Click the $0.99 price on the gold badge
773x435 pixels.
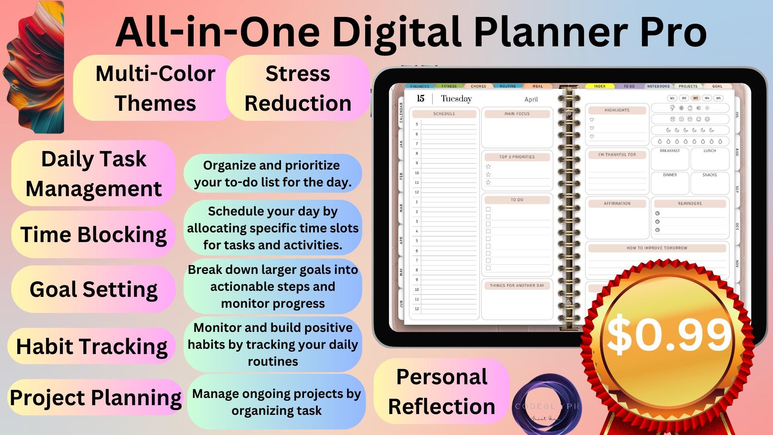coord(668,334)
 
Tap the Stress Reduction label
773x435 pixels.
coord(298,88)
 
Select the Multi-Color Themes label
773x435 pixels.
coord(155,88)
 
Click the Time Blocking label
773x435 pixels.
coord(93,234)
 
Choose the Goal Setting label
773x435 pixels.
coord(93,289)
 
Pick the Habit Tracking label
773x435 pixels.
coord(92,346)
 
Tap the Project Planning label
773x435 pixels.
coord(95,398)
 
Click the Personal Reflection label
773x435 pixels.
coord(442,391)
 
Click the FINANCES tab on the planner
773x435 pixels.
coord(420,86)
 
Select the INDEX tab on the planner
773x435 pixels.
coord(599,86)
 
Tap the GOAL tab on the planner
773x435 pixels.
coord(717,86)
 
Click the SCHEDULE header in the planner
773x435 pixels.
coord(444,114)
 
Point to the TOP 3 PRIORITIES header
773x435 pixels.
coord(517,157)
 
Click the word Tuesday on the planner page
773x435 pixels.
coord(456,99)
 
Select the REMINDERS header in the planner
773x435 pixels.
coord(690,204)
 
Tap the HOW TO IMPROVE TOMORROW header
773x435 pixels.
coord(657,248)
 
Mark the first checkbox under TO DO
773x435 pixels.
coord(488,209)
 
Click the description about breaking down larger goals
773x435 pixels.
coord(273,286)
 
